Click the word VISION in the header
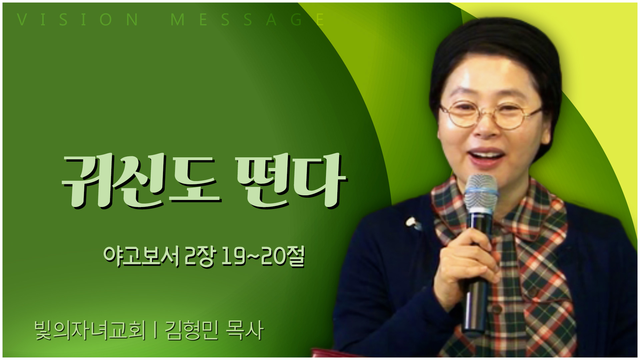coord(77,19)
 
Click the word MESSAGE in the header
coord(247,19)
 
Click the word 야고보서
coord(141,256)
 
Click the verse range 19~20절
coord(263,256)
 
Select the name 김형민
coord(192,330)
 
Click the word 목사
coord(245,330)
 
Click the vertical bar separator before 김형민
coord(155,330)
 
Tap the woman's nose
coord(486,128)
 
